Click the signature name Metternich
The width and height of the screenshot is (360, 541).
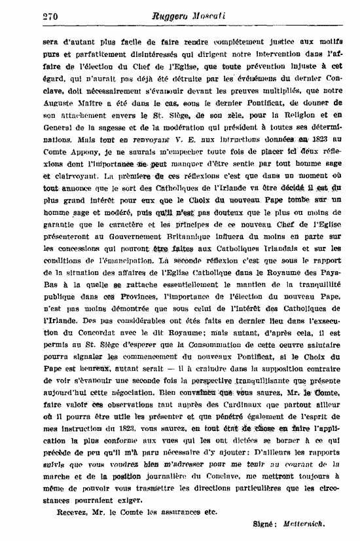305,525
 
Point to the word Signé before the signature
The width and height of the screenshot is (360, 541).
265,525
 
